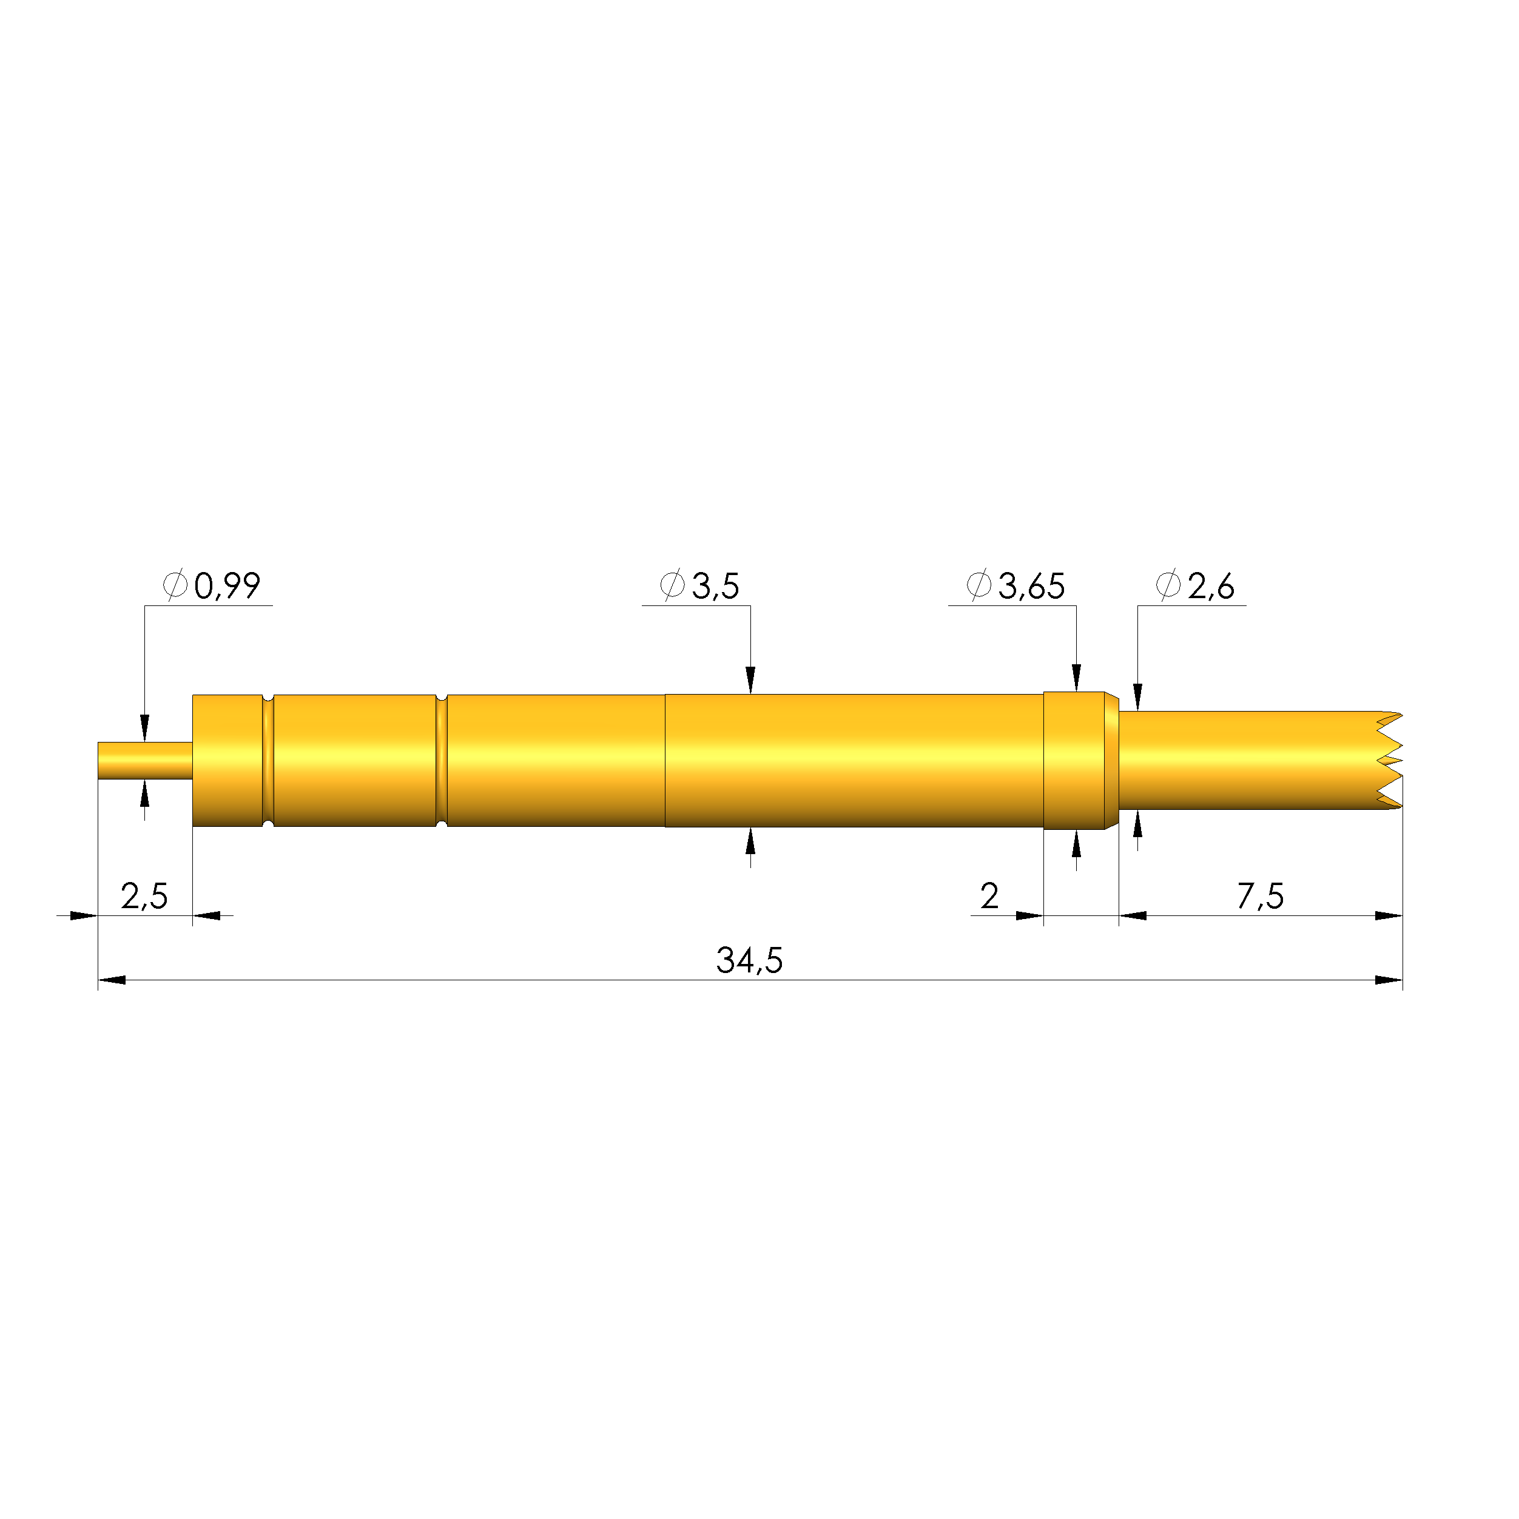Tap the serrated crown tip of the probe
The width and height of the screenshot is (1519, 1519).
pos(1389,760)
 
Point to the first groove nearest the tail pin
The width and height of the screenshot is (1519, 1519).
pos(268,760)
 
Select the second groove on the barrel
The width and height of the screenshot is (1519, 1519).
pos(441,760)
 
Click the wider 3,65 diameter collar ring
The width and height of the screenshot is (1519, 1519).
pos(1074,760)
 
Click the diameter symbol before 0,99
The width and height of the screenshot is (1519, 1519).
pos(175,585)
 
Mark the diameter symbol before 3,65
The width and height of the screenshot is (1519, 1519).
pos(979,585)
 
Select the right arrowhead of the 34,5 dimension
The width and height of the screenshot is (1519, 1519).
pos(1389,980)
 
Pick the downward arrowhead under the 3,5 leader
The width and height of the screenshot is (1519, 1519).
pos(750,680)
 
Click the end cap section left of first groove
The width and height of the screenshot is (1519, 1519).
pos(227,760)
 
